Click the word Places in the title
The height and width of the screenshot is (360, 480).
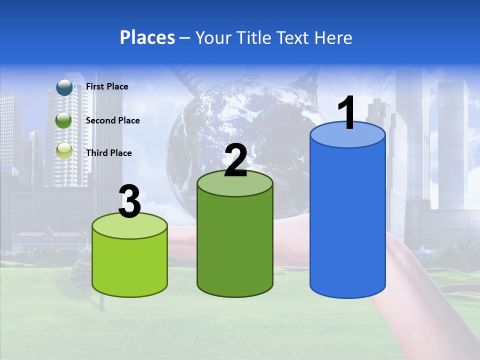click(147, 37)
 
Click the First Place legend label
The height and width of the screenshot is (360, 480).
click(107, 86)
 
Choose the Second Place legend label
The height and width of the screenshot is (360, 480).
click(112, 120)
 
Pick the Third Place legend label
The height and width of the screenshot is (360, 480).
click(108, 153)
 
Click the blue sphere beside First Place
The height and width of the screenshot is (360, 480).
click(64, 87)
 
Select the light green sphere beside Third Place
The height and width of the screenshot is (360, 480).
click(64, 151)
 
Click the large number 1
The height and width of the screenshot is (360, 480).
click(347, 113)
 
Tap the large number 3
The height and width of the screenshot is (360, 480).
click(130, 201)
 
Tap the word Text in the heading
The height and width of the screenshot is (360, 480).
click(295, 37)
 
